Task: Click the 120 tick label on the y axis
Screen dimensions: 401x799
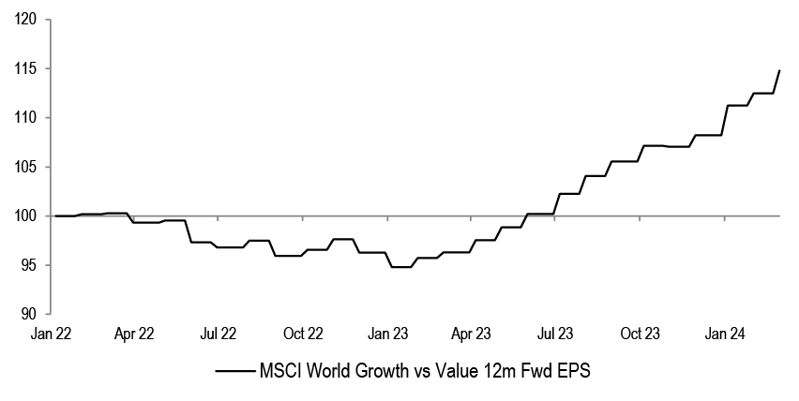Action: coord(27,20)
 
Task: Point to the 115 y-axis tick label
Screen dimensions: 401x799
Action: coord(27,68)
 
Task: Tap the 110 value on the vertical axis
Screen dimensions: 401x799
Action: coord(27,118)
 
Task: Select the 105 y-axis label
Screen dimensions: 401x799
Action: coord(27,167)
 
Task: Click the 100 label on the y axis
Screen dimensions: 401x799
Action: coord(27,216)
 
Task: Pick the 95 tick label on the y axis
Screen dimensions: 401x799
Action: coord(31,265)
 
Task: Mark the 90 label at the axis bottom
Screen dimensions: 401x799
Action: coord(31,315)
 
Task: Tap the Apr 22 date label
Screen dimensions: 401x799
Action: coord(134,334)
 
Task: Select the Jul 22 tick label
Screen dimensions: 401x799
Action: coord(219,334)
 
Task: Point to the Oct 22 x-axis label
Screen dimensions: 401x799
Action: coord(303,334)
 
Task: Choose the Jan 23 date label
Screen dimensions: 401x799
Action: coord(387,334)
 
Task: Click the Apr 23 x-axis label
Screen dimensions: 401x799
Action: coord(471,334)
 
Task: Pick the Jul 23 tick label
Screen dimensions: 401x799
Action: coord(555,334)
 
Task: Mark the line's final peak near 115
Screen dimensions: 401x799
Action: coord(779,70)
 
